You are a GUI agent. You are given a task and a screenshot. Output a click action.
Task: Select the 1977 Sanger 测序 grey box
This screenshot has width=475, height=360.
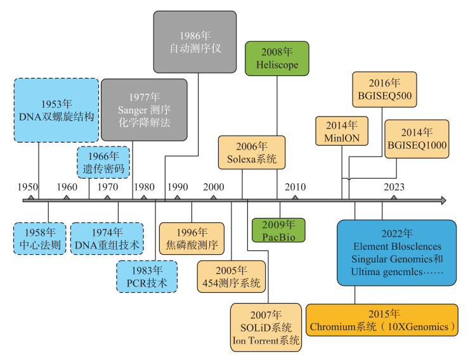click(145, 110)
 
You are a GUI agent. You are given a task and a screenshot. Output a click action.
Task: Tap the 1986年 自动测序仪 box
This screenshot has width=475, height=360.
click(195, 41)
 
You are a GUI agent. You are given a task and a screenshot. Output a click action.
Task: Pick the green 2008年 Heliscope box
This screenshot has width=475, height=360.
click(277, 59)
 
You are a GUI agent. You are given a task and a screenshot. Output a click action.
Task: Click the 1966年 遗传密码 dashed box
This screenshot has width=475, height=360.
click(103, 162)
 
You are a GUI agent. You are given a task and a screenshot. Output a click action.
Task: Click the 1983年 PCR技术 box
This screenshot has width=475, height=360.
click(147, 276)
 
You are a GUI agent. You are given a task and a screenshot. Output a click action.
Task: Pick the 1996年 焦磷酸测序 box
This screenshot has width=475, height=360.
click(192, 238)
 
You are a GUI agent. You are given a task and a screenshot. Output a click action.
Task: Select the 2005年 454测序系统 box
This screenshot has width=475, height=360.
click(230, 276)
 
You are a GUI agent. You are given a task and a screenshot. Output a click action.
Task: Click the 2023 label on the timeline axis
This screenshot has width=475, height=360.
click(394, 187)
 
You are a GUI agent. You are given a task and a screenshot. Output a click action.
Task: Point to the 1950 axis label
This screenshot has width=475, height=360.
click(27, 187)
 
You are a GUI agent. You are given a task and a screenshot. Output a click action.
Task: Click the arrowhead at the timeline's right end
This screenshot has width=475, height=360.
click(442, 200)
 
